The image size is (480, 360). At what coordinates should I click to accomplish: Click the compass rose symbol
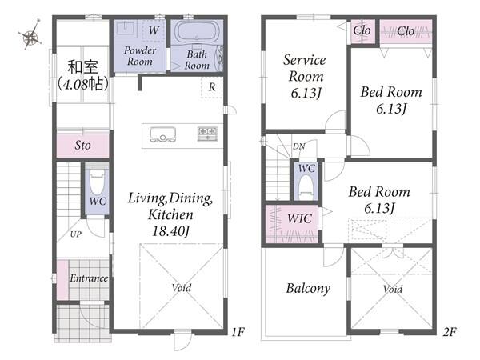tap(30, 35)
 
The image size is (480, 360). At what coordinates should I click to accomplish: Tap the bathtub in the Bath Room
tap(197, 32)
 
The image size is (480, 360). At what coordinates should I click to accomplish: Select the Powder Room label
tap(140, 56)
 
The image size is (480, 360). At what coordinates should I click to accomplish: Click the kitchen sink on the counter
tap(163, 134)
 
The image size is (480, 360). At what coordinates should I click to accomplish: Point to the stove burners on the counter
tap(208, 134)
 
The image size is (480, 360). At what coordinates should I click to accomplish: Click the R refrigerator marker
tap(212, 87)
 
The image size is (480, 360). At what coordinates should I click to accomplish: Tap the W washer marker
tap(154, 30)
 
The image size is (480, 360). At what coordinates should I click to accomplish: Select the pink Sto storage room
tap(83, 146)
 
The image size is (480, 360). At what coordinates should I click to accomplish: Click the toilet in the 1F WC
tap(98, 182)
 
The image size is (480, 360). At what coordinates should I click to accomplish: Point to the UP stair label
tap(76, 234)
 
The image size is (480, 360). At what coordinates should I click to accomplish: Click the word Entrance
tap(89, 278)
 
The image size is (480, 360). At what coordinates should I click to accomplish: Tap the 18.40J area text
tap(170, 231)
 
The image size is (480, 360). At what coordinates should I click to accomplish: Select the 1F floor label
tap(238, 332)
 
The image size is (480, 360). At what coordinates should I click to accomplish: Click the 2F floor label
tap(450, 332)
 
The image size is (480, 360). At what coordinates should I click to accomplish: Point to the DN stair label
tap(298, 146)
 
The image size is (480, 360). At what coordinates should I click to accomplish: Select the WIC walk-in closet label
tap(299, 218)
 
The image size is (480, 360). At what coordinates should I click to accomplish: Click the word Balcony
tap(308, 288)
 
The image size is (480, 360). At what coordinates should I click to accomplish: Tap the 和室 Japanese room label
tap(82, 67)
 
